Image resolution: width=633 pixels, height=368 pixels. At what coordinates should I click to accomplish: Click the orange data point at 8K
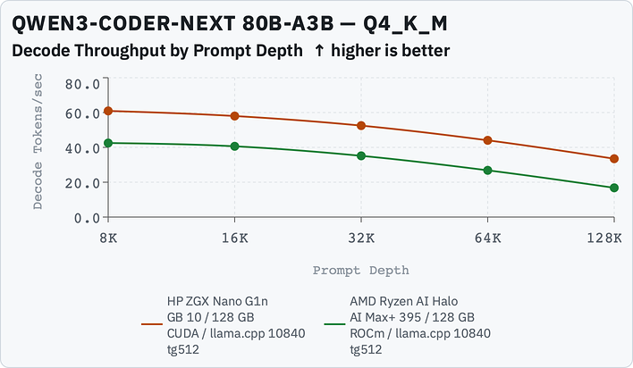pos(108,111)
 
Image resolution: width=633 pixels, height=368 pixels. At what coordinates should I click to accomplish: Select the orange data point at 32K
pos(361,125)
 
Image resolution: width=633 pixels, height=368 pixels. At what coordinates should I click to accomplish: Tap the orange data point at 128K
pos(614,159)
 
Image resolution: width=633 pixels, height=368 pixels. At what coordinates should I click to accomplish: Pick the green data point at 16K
pos(234,146)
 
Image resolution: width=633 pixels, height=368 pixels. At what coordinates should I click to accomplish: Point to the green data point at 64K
pos(487,171)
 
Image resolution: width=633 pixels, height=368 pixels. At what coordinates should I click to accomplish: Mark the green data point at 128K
pos(614,188)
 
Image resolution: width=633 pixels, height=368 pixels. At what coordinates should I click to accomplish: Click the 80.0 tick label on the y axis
pos(82,84)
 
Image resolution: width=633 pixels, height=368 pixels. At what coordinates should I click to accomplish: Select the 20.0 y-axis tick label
pos(82,183)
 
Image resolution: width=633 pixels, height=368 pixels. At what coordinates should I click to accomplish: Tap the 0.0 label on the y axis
pos(87,218)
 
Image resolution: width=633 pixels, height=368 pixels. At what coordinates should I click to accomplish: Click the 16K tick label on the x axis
pos(234,238)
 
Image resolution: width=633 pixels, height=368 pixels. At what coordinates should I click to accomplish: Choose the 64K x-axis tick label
pos(487,238)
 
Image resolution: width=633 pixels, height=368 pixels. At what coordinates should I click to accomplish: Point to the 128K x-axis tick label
pos(604,238)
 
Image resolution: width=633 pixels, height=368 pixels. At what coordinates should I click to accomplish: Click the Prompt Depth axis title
pos(361,271)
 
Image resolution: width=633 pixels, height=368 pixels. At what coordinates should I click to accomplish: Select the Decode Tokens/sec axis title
pos(38,142)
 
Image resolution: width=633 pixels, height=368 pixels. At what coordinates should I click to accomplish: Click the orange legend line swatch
pos(152,324)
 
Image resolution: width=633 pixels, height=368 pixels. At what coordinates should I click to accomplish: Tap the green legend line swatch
pos(334,324)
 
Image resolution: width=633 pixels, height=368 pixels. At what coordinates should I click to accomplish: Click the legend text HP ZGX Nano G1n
pos(217,301)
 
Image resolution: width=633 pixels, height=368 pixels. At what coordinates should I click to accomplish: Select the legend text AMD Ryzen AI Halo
pos(404,301)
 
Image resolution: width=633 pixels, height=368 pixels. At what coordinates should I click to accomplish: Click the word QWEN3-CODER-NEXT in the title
pos(123,23)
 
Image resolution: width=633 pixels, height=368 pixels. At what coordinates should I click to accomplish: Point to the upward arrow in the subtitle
pos(319,51)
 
